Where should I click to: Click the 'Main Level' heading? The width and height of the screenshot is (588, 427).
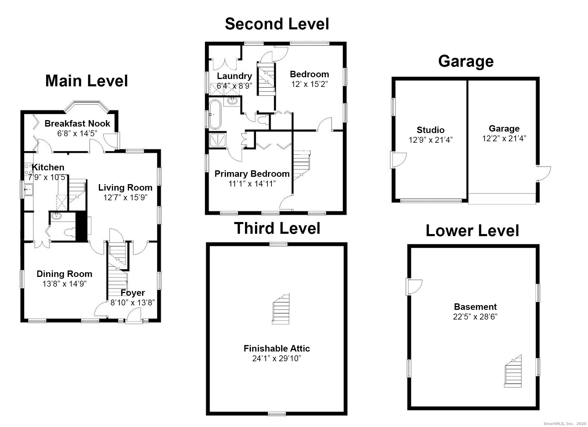86,81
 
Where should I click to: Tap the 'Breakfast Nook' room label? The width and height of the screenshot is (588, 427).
77,123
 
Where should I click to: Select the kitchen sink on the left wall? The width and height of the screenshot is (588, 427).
29,189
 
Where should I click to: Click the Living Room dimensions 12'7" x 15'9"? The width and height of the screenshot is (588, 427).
125,197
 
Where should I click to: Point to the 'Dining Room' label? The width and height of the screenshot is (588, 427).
64,274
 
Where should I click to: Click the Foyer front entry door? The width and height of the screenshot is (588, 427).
134,317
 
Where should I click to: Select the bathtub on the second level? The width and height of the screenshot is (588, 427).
215,115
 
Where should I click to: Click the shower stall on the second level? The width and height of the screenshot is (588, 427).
218,139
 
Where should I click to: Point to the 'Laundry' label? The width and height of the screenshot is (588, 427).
234,76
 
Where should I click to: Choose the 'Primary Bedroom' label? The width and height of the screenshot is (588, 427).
252,174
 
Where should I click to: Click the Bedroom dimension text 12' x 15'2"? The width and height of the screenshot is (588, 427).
309,84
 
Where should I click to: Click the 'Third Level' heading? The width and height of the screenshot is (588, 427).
277,228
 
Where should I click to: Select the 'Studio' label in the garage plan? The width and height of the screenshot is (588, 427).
430,130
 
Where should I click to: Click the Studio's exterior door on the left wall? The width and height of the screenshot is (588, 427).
398,160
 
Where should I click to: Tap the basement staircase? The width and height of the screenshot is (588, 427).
513,372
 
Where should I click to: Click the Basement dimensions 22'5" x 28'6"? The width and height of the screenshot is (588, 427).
475,317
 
